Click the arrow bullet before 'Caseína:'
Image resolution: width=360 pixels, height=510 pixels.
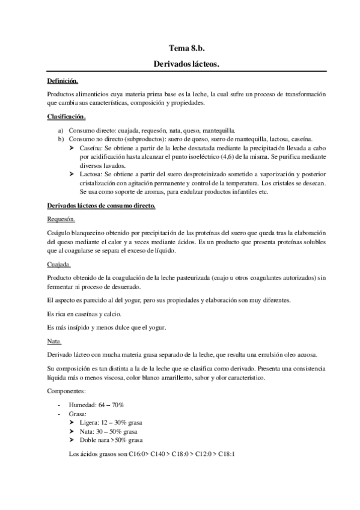[x=72, y=147]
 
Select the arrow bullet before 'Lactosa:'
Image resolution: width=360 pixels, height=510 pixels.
[x=72, y=174]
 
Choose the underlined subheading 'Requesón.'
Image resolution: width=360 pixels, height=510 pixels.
[x=61, y=220]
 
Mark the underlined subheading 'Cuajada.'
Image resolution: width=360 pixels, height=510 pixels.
[x=58, y=264]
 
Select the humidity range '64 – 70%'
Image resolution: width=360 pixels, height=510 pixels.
[x=110, y=405]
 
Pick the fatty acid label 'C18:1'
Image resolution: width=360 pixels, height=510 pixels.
[x=226, y=454]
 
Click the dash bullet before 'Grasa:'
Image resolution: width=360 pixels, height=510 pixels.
[x=59, y=414]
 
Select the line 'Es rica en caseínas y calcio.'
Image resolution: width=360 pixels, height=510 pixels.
[x=84, y=313]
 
